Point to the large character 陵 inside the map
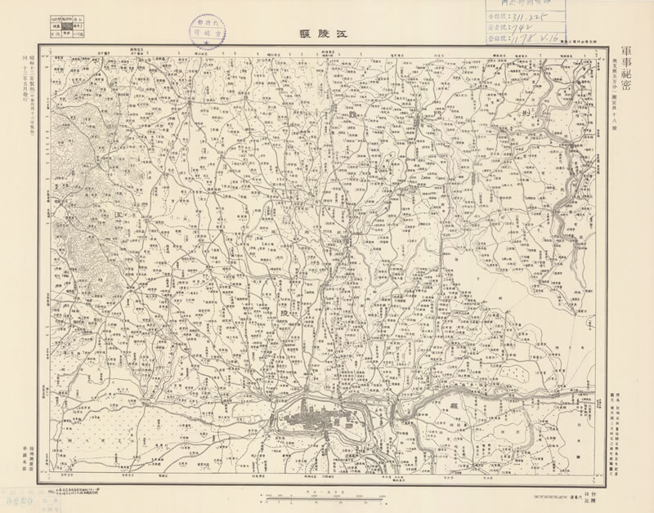point(284,313)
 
